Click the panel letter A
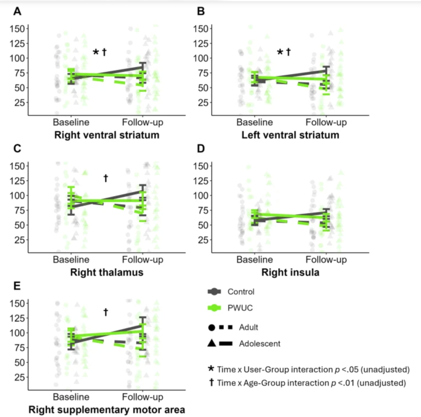pyautogui.click(x=17, y=11)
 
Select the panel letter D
pyautogui.click(x=201, y=148)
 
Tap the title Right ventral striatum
pyautogui.click(x=107, y=135)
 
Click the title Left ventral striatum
pyautogui.click(x=290, y=135)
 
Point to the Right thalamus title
pyautogui.click(x=107, y=272)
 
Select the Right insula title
pyautogui.click(x=290, y=272)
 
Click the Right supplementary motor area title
pyautogui.click(x=107, y=410)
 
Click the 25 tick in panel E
pyautogui.click(x=20, y=377)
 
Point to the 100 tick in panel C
pyautogui.click(x=17, y=196)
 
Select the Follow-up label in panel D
pyautogui.click(x=326, y=260)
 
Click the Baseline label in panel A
pyautogui.click(x=71, y=122)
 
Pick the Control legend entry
pyautogui.click(x=241, y=292)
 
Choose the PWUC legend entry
pyautogui.click(x=240, y=308)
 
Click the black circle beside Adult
pyautogui.click(x=211, y=327)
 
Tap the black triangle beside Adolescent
pyautogui.click(x=211, y=343)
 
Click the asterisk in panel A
pyautogui.click(x=96, y=53)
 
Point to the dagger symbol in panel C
pyautogui.click(x=106, y=178)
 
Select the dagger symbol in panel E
pyautogui.click(x=106, y=312)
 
